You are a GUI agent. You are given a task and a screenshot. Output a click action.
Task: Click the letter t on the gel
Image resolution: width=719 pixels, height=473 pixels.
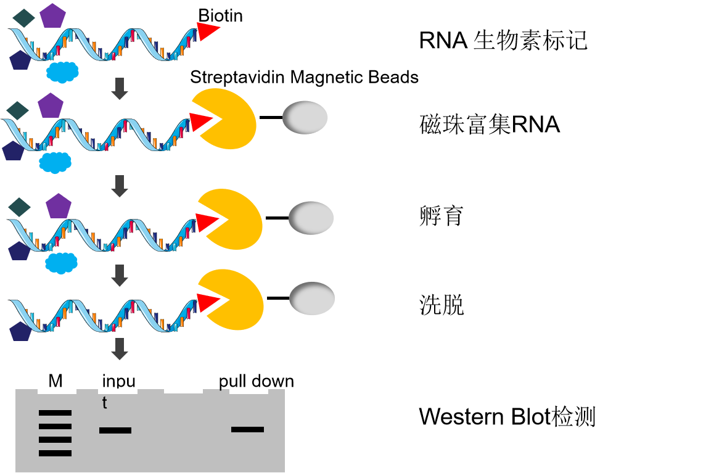click(104, 403)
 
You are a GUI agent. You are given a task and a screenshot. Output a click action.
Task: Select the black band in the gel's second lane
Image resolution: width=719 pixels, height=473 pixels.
click(115, 430)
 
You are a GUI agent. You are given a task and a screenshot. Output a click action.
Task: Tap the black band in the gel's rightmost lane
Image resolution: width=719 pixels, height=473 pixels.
click(247, 429)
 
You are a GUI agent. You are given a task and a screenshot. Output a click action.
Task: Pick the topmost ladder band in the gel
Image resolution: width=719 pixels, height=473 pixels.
click(55, 413)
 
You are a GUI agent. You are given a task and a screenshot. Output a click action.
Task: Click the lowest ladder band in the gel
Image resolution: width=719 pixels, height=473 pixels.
click(55, 453)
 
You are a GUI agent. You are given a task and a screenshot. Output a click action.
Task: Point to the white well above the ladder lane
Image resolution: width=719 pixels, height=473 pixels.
click(57, 391)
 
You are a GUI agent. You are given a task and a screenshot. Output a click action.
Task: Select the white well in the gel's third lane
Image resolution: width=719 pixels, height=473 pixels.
click(183, 390)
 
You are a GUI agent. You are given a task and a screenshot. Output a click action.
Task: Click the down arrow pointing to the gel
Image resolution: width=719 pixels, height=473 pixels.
click(120, 348)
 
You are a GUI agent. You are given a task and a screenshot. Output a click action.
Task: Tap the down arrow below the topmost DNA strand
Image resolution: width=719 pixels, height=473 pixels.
click(120, 88)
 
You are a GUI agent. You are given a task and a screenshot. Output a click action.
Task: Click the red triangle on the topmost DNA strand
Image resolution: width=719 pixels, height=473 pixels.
click(207, 31)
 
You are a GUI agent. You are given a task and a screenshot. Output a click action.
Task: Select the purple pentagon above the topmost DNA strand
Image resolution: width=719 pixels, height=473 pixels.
click(52, 16)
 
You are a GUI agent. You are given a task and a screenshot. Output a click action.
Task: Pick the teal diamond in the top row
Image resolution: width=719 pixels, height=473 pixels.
click(23, 18)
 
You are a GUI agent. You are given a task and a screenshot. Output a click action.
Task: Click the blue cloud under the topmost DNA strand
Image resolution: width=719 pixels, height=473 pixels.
click(62, 72)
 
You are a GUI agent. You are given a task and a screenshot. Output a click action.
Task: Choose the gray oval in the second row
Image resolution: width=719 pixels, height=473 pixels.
click(305, 117)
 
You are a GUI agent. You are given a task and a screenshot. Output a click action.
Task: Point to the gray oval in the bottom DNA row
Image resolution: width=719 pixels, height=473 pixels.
click(312, 298)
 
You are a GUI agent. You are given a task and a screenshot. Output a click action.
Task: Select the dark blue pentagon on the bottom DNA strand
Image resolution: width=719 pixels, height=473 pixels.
click(20, 332)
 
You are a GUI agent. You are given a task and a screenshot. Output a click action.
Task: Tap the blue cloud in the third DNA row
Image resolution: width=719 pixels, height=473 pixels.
click(61, 263)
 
